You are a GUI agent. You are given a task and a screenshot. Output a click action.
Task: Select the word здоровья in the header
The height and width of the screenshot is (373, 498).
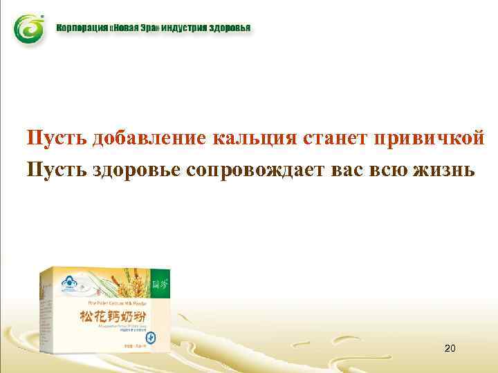click(230, 29)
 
